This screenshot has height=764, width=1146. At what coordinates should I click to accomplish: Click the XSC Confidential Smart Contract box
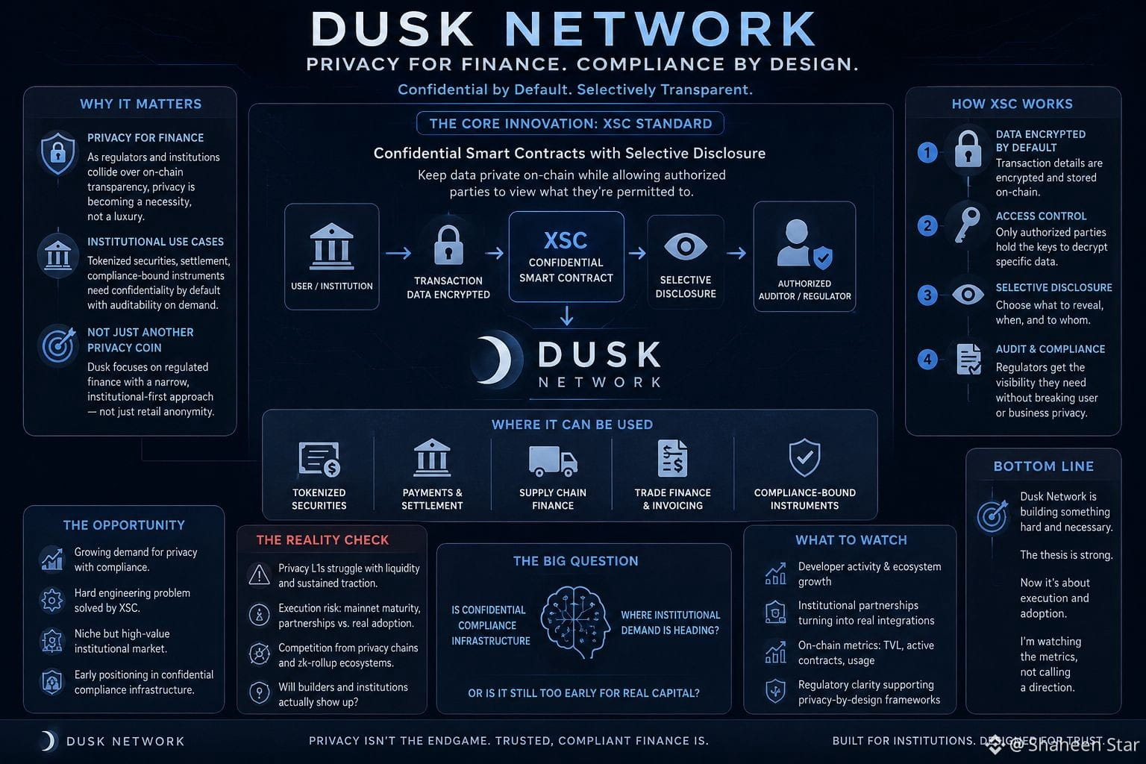pyautogui.click(x=566, y=257)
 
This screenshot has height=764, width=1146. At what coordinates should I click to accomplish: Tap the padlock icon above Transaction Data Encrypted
pyautogui.click(x=448, y=245)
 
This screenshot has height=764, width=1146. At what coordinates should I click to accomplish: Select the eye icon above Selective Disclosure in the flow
pyautogui.click(x=686, y=247)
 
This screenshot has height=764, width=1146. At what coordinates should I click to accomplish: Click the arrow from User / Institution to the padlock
pyautogui.click(x=398, y=253)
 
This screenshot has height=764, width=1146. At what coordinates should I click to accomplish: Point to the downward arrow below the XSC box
pyautogui.click(x=566, y=316)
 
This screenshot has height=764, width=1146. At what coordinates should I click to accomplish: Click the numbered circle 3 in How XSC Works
pyautogui.click(x=927, y=295)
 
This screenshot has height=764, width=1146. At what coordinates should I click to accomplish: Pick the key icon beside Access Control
pyautogui.click(x=966, y=225)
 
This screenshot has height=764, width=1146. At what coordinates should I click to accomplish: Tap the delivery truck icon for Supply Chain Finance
pyautogui.click(x=553, y=460)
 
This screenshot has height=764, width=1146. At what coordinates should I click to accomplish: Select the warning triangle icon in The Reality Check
pyautogui.click(x=260, y=574)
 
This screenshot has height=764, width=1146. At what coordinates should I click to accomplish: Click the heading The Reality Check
pyautogui.click(x=322, y=540)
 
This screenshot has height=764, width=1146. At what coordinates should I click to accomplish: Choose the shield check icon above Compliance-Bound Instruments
pyautogui.click(x=804, y=457)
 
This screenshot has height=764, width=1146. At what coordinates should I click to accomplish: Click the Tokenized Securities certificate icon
pyautogui.click(x=319, y=459)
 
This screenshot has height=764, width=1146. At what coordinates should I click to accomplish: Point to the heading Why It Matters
pyautogui.click(x=141, y=104)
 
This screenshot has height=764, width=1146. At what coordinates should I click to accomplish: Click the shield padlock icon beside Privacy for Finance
pyautogui.click(x=57, y=153)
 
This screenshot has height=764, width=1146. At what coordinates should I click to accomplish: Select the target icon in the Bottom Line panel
pyautogui.click(x=992, y=516)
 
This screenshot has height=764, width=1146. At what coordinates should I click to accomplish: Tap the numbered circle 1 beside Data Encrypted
pyautogui.click(x=927, y=152)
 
